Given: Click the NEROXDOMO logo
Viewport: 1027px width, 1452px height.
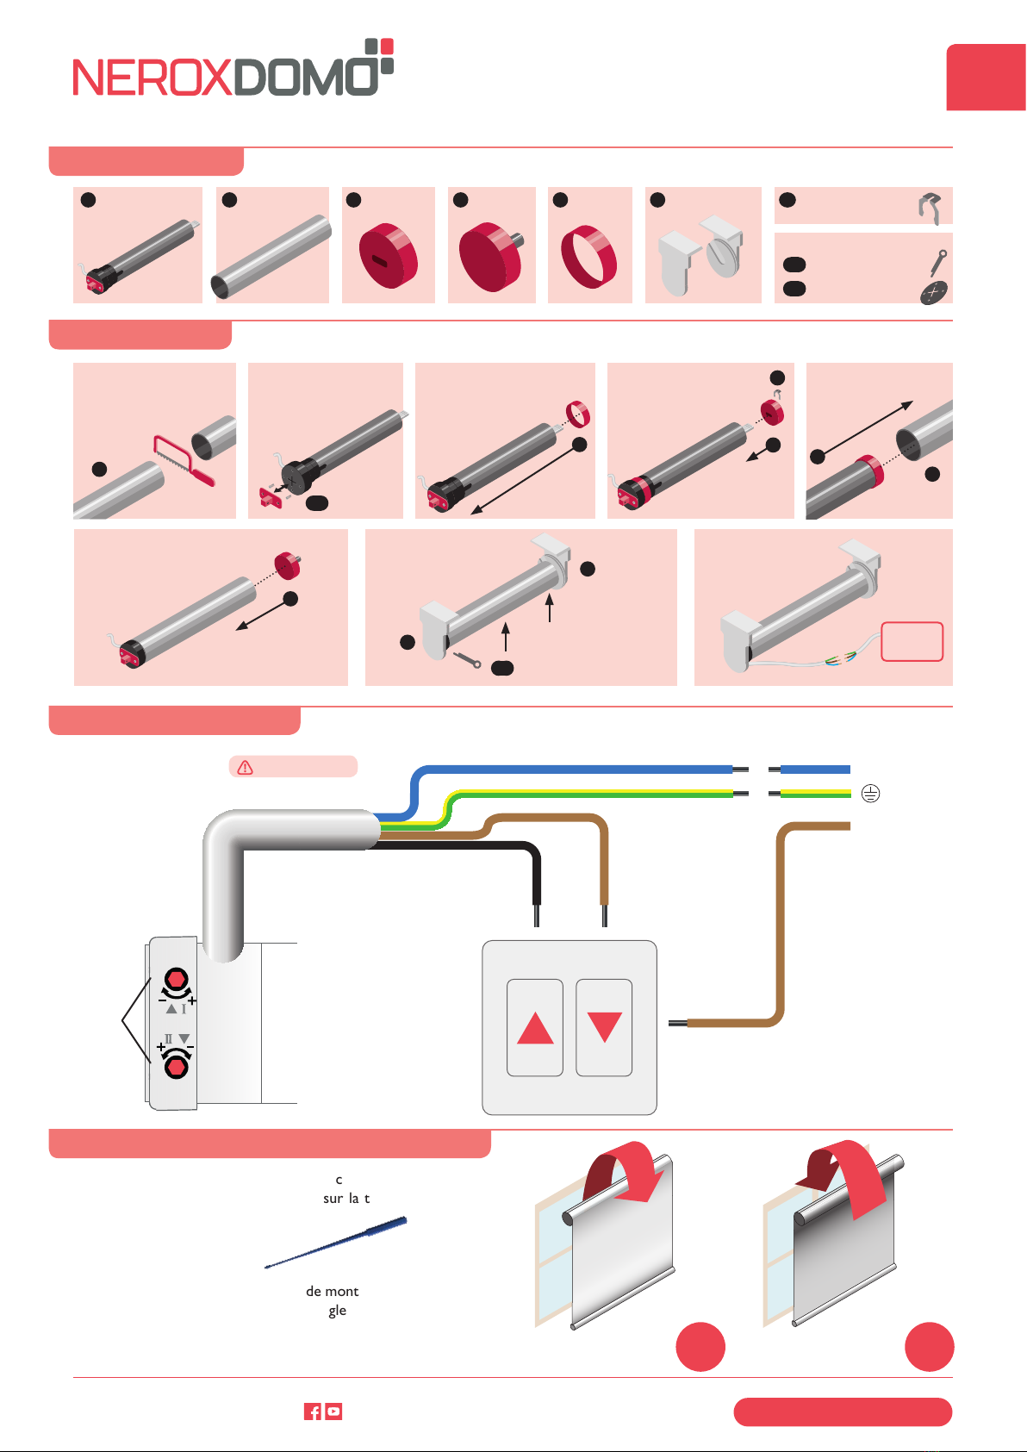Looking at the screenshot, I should click(x=233, y=69).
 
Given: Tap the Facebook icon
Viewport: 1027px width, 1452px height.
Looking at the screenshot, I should click(x=313, y=1411).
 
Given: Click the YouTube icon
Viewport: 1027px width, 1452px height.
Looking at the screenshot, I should click(x=333, y=1411).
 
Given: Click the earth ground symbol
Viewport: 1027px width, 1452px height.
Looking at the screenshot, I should click(x=871, y=794).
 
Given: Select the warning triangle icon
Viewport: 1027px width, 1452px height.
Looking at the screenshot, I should click(x=246, y=767).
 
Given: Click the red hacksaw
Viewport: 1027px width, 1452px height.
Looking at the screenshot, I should click(x=183, y=459).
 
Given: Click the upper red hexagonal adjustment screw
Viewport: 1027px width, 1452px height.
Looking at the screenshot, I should click(x=176, y=980).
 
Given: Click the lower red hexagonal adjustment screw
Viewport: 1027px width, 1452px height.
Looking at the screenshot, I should click(x=177, y=1067).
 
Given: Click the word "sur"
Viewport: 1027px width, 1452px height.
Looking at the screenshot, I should click(x=333, y=1199).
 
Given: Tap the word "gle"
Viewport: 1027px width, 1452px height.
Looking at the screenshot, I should click(x=337, y=1311).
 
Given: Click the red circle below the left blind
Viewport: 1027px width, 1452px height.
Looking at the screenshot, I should click(x=700, y=1346).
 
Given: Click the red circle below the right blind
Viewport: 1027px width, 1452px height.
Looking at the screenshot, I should click(x=930, y=1346).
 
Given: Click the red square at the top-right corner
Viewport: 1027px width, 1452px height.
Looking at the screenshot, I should click(x=986, y=78).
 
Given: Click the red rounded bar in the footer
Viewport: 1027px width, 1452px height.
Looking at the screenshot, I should click(x=843, y=1411).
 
